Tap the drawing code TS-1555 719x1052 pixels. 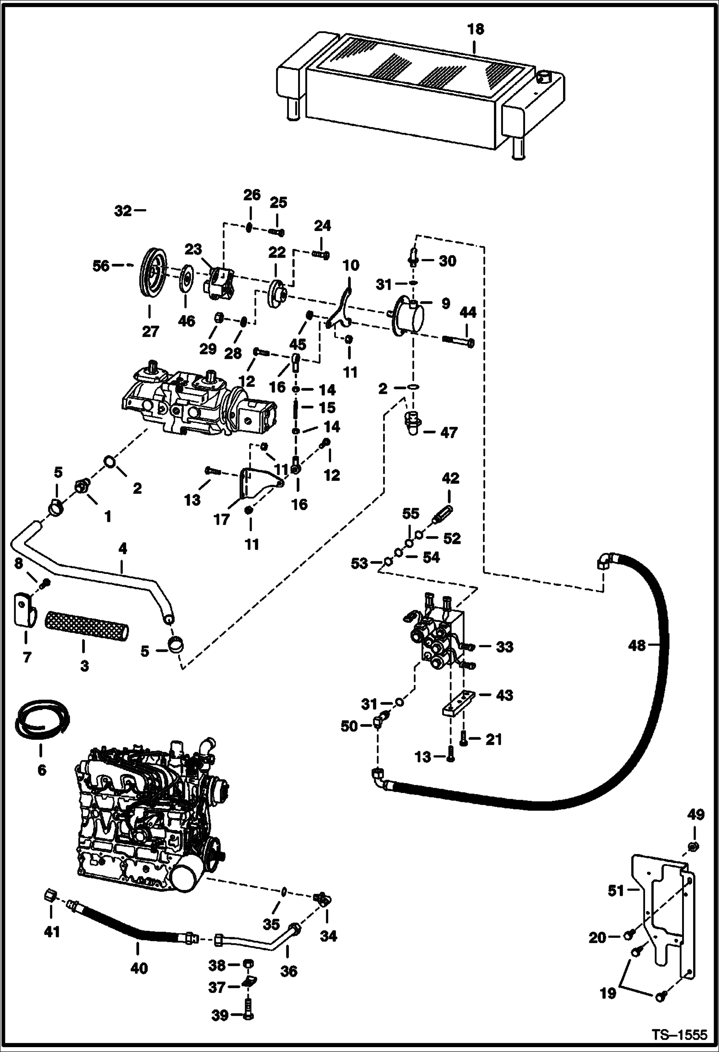coord(679,1034)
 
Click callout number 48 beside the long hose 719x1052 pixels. coord(637,646)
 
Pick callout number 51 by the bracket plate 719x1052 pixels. coord(616,891)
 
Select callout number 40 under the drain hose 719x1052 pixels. coord(139,968)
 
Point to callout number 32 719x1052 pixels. coord(123,210)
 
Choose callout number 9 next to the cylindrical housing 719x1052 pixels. coord(445,304)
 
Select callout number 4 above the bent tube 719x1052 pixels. coord(123,549)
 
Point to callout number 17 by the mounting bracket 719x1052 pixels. coord(222,519)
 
